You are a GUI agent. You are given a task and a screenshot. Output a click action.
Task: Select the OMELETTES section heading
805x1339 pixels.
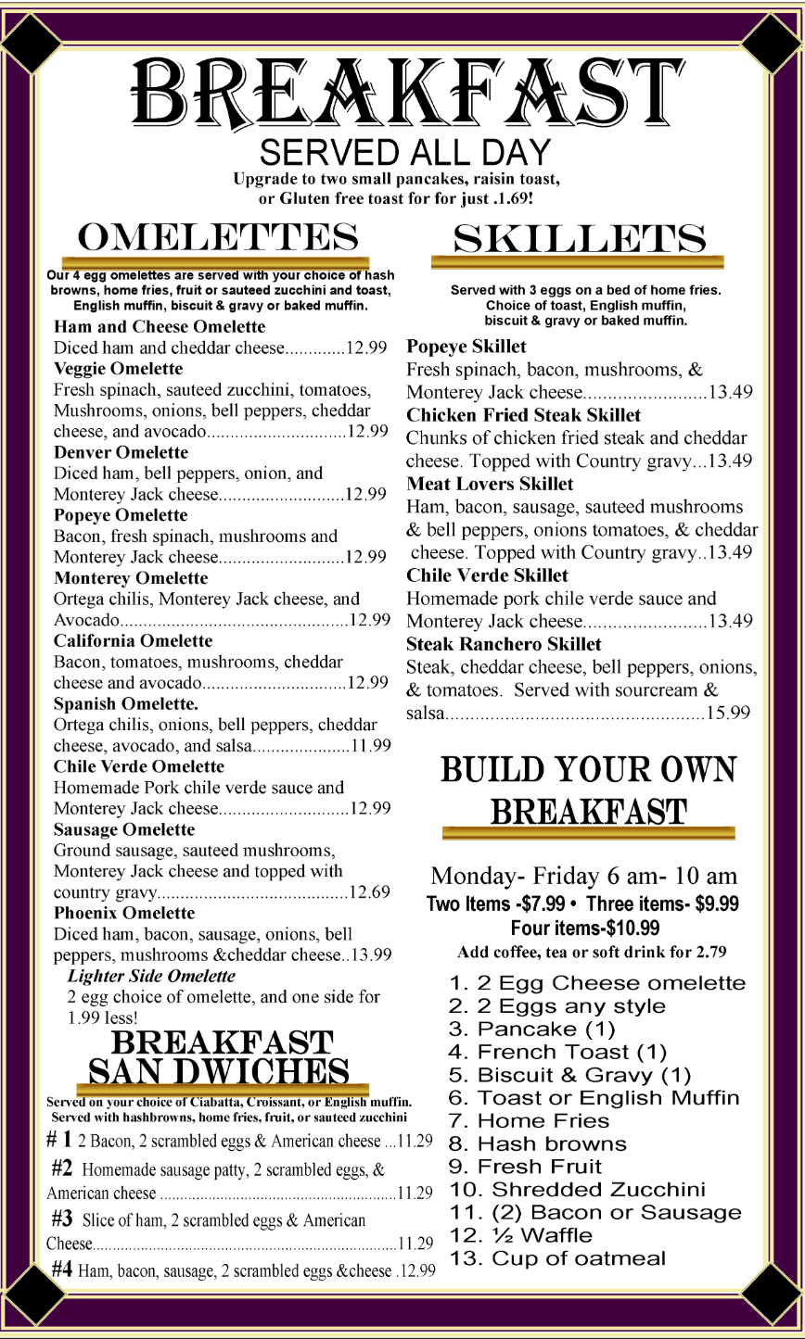[x=218, y=238]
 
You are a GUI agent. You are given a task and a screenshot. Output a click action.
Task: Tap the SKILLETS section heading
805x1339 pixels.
[x=579, y=239]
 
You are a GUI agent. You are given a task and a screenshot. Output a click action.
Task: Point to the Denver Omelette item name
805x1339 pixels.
[x=121, y=452]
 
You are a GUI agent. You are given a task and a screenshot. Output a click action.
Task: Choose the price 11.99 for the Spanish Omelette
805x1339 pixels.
[x=370, y=745]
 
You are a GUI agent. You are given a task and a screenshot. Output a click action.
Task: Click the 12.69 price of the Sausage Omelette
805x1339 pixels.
[x=369, y=892]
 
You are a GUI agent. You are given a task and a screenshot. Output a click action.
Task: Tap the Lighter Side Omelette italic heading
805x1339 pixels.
[x=151, y=976]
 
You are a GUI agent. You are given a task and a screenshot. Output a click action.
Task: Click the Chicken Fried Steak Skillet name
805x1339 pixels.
[x=523, y=415]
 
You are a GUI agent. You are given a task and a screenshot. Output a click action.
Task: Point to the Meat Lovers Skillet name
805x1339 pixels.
[x=490, y=484]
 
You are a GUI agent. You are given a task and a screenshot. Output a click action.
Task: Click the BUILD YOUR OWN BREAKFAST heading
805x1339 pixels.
[x=588, y=790]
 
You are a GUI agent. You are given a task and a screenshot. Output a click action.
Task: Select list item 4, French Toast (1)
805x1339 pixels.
[x=557, y=1052]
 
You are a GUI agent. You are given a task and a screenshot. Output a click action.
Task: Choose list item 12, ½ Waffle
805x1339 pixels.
[x=520, y=1235]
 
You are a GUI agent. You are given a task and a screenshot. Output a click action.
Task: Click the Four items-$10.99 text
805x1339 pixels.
[x=585, y=928]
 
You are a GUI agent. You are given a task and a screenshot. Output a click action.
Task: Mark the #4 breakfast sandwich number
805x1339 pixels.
[x=62, y=1269]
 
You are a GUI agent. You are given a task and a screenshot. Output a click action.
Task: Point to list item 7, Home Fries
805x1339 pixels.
[x=529, y=1121]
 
